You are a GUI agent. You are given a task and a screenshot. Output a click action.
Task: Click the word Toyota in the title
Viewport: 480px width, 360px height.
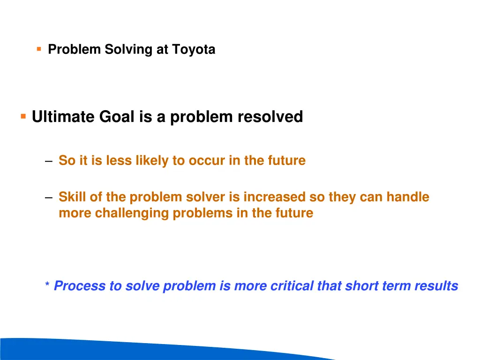click(x=194, y=49)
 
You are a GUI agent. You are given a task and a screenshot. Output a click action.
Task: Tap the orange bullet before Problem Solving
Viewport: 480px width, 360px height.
click(x=39, y=48)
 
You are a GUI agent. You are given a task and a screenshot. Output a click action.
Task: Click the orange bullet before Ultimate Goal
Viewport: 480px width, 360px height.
click(x=23, y=116)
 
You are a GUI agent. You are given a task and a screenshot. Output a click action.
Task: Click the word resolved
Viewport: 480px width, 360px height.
click(x=270, y=117)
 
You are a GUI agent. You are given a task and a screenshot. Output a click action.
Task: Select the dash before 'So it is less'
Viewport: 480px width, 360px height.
click(x=49, y=161)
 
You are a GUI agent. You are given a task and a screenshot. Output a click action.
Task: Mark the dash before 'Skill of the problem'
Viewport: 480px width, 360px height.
click(x=49, y=197)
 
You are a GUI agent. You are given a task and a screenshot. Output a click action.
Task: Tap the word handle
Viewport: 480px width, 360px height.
click(x=408, y=197)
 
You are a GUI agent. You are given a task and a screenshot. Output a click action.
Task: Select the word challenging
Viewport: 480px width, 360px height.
click(x=132, y=213)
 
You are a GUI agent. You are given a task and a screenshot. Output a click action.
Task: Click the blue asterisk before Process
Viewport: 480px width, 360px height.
click(x=47, y=285)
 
